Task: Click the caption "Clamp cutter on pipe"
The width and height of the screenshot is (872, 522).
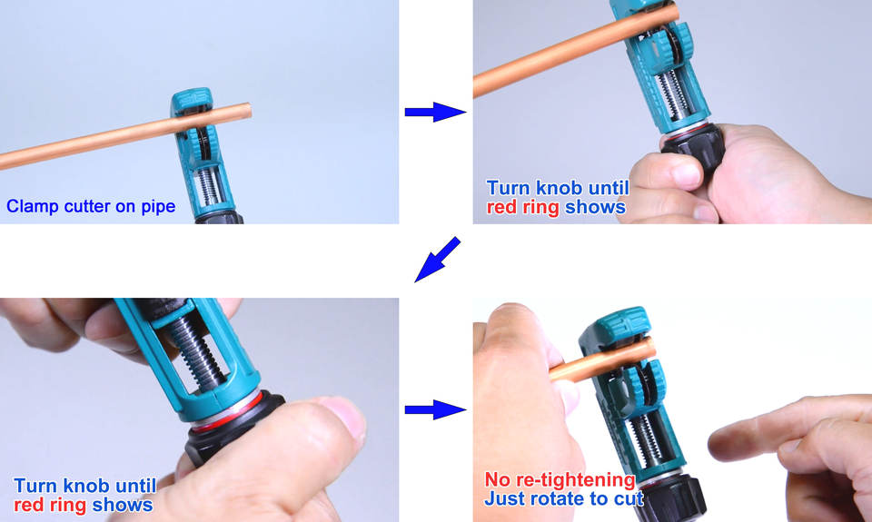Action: point(91,206)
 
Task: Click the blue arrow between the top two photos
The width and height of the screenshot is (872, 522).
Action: point(435,112)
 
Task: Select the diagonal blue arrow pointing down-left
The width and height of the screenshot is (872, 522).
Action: point(437,260)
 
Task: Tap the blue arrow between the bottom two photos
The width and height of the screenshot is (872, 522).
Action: point(435,409)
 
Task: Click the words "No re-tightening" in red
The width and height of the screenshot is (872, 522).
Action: point(560,479)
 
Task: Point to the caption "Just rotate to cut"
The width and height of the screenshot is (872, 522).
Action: point(563,498)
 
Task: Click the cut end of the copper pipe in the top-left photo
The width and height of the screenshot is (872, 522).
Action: point(248,111)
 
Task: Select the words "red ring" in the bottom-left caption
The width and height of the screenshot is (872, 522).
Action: point(50,505)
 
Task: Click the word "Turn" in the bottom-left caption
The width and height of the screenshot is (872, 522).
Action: point(36,486)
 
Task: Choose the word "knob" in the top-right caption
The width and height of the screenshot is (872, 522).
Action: point(558,188)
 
